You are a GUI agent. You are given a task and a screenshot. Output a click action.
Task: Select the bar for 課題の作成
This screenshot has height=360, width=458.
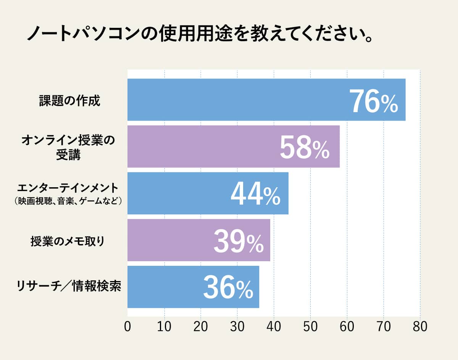(237, 100)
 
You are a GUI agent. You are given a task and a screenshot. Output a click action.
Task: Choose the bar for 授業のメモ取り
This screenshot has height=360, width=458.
(168, 240)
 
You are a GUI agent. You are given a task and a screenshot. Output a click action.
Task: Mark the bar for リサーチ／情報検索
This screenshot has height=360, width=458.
(164, 287)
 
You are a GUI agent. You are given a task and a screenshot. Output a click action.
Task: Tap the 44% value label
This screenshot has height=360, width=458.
(255, 194)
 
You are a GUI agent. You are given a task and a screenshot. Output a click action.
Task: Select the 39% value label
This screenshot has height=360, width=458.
(238, 241)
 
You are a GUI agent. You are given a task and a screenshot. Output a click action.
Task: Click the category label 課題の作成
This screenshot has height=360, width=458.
(69, 101)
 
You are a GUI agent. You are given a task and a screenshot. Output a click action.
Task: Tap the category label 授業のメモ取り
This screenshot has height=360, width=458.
(68, 241)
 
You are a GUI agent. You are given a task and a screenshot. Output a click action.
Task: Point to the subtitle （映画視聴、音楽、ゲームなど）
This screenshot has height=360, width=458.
(68, 201)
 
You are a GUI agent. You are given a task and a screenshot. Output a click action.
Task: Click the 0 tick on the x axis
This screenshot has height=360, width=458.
(127, 327)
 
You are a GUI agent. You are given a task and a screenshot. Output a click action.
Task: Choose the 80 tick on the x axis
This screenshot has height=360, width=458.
(420, 327)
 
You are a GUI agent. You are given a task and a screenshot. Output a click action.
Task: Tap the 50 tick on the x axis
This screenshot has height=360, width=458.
(310, 327)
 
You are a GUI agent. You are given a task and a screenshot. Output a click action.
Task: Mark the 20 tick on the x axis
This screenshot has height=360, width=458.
(201, 327)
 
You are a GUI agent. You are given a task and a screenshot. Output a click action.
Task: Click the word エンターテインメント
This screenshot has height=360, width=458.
(68, 188)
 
